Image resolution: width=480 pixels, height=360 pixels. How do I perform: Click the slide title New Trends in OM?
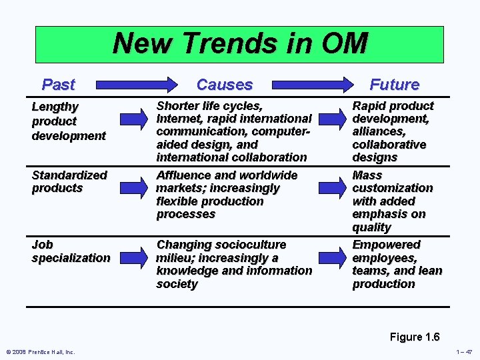pyautogui.click(x=240, y=43)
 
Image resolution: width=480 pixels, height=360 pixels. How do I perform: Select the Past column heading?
pyautogui.click(x=58, y=85)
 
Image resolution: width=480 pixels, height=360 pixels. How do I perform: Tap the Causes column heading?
pyautogui.click(x=225, y=85)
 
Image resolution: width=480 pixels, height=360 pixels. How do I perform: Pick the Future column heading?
pyautogui.click(x=394, y=85)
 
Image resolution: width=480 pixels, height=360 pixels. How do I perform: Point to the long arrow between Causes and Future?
pyautogui.click(x=313, y=85)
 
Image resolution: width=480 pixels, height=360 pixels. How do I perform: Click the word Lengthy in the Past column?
pyautogui.click(x=55, y=107)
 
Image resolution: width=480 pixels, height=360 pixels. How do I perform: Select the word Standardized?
pyautogui.click(x=69, y=175)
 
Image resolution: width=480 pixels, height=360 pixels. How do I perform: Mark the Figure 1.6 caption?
pyautogui.click(x=415, y=337)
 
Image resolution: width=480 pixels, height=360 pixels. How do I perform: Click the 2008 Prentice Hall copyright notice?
pyautogui.click(x=41, y=352)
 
